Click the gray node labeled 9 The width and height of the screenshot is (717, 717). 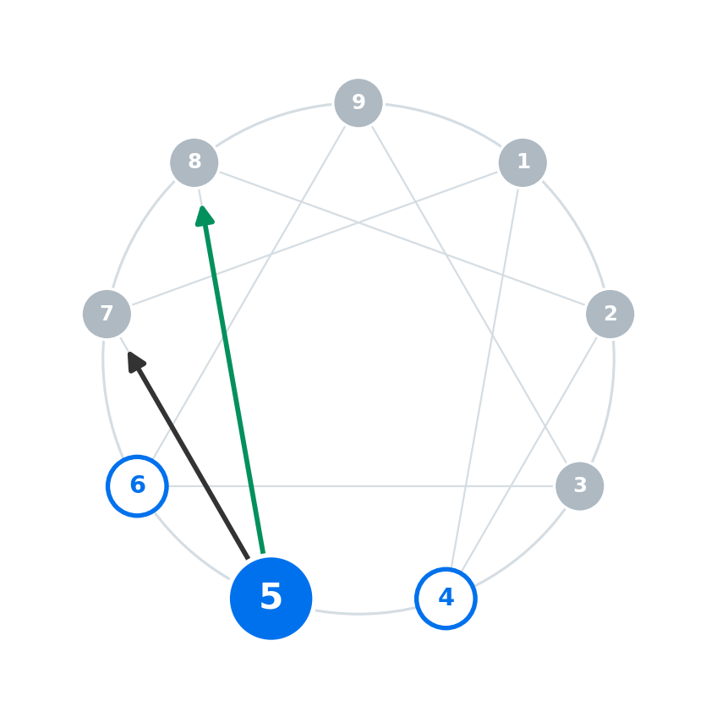(358, 103)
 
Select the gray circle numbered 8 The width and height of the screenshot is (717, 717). (194, 162)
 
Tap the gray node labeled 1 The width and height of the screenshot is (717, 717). (523, 162)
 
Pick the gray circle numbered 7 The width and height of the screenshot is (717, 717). (107, 315)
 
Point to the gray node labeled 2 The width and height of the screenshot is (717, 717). (610, 315)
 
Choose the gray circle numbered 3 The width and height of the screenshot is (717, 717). (580, 486)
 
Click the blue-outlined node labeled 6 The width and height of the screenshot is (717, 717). (137, 486)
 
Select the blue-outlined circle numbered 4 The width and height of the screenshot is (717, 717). (446, 599)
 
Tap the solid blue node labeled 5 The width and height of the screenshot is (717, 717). (271, 599)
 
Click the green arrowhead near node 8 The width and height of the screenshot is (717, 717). (204, 216)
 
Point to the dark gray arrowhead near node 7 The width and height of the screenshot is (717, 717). (135, 362)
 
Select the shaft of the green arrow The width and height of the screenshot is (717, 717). (234, 389)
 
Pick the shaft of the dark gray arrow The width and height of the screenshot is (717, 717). (193, 462)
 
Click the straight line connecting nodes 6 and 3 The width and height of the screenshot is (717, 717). (361, 486)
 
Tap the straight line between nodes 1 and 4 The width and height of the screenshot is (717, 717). (484, 378)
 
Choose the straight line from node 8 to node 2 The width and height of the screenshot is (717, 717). (402, 238)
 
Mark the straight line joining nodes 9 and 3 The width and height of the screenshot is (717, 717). (469, 294)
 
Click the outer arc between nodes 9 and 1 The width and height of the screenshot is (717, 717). (445, 120)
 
